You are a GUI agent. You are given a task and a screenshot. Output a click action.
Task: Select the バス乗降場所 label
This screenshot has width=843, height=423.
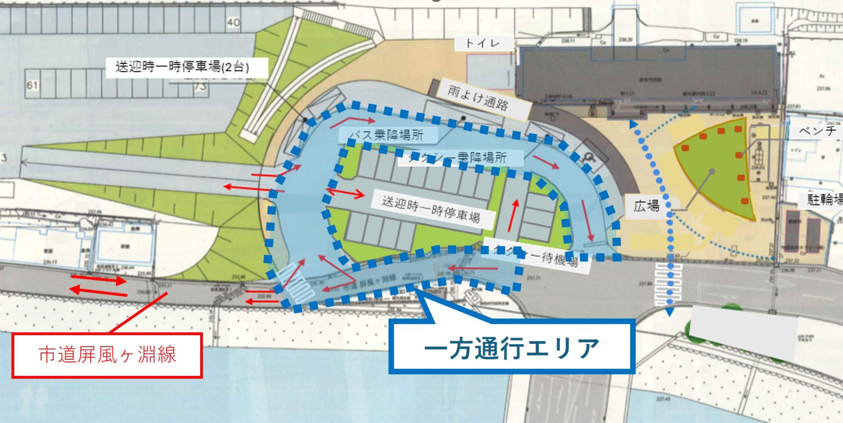click(388, 135)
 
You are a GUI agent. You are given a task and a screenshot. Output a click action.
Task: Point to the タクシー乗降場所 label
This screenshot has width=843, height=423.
click(459, 158)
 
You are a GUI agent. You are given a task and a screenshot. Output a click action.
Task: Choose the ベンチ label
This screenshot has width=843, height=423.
click(817, 131)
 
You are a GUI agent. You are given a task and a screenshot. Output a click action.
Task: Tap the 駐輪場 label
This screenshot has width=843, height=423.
click(824, 199)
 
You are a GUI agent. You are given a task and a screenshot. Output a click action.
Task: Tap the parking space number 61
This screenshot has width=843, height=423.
click(32, 86)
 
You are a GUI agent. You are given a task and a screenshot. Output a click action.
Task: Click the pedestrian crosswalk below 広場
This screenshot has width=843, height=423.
click(668, 284)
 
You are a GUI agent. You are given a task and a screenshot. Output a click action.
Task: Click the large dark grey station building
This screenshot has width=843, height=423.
click(645, 78)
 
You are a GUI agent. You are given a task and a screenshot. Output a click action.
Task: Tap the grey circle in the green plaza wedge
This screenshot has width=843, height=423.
click(712, 171)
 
